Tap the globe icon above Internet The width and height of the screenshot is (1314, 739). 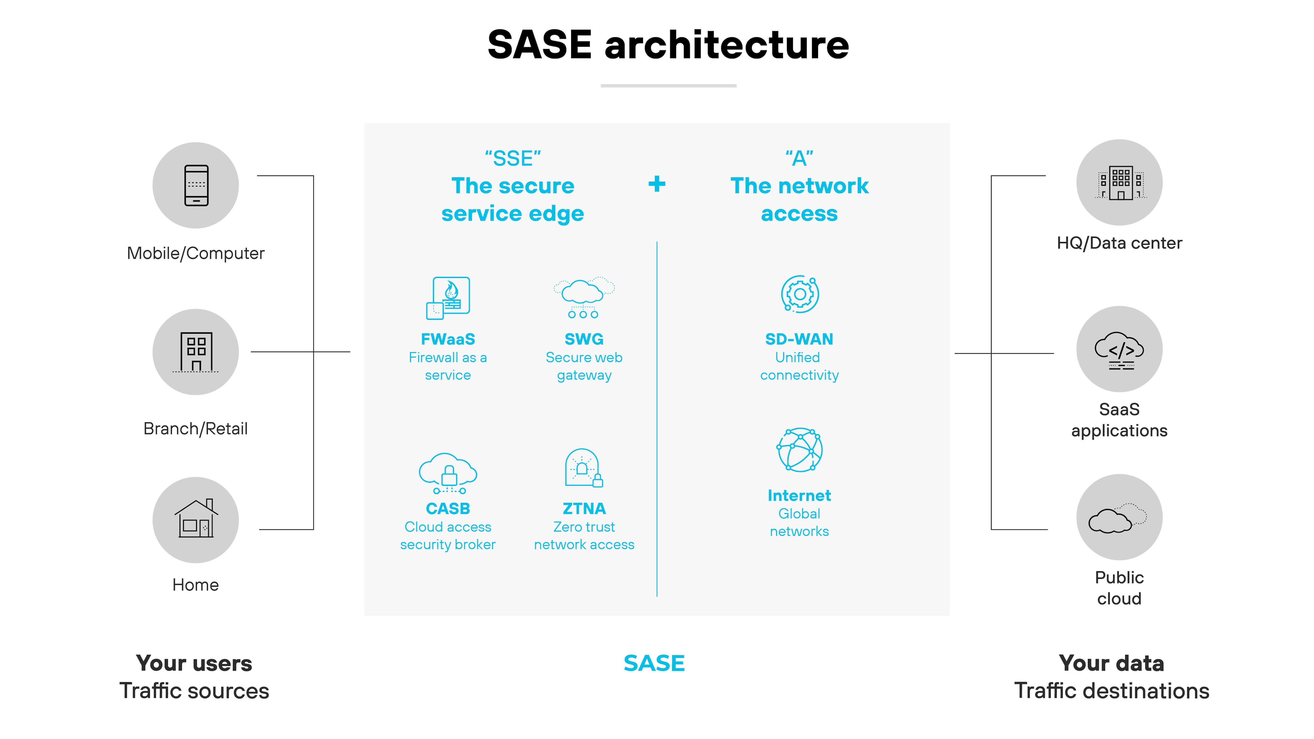(799, 450)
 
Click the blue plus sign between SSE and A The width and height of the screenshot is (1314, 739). (657, 184)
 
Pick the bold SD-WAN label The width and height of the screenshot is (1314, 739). (799, 339)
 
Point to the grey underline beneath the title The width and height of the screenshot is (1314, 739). (668, 86)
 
